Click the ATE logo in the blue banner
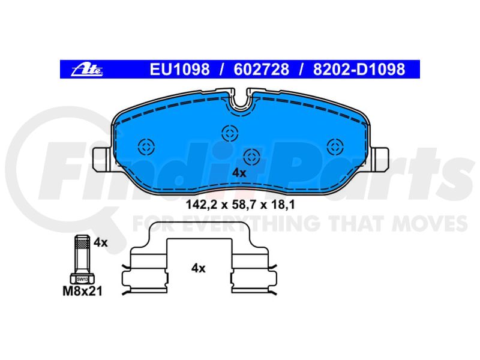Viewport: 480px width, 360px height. pyautogui.click(x=87, y=70)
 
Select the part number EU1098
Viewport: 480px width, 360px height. pyautogui.click(x=179, y=69)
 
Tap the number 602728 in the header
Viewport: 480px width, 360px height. pyautogui.click(x=261, y=69)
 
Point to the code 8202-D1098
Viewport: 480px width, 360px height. pyautogui.click(x=359, y=69)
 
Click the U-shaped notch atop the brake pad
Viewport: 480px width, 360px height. pyautogui.click(x=241, y=104)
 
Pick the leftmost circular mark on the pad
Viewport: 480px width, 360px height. pyautogui.click(x=146, y=146)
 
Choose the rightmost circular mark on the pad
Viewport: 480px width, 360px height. pyautogui.click(x=335, y=146)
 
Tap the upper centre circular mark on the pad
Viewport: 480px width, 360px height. pyautogui.click(x=230, y=133)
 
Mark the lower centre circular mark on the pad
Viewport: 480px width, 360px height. pyautogui.click(x=251, y=157)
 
